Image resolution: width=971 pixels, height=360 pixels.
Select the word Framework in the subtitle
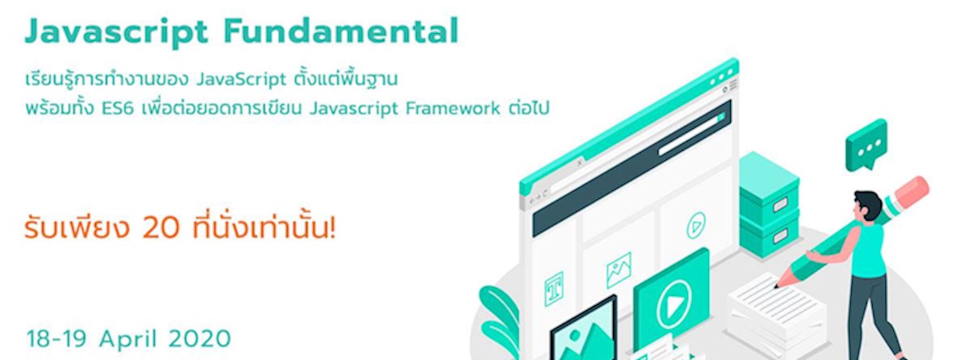(x=452, y=108)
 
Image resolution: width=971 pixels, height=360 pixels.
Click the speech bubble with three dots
(x=865, y=145)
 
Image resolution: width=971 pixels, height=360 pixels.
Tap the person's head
(x=867, y=205)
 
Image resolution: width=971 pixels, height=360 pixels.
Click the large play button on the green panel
(x=674, y=304)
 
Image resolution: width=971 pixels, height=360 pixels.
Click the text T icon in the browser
(x=553, y=288)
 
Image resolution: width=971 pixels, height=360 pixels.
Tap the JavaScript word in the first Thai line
(x=240, y=80)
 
